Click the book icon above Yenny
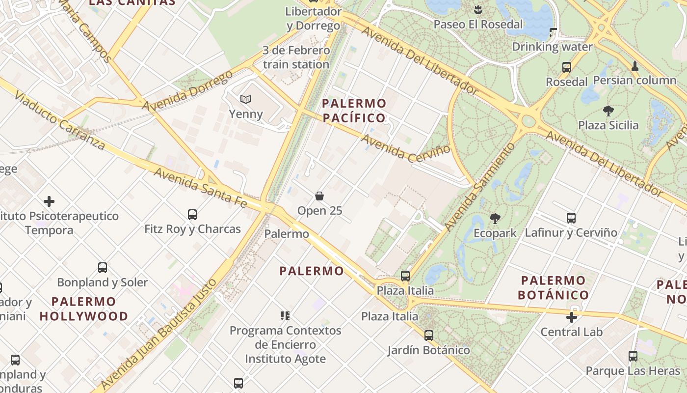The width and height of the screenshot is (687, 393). coord(246,100)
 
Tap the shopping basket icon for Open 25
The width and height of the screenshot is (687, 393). coord(319,196)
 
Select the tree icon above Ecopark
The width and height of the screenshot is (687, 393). coord(495,218)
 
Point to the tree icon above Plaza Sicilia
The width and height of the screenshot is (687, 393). coord(608,111)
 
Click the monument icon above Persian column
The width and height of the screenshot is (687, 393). coord(634,66)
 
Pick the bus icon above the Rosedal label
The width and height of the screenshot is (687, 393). coord(567,67)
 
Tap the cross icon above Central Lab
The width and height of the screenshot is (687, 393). coord(572,317)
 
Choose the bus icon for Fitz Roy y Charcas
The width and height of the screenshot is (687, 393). coord(192,215)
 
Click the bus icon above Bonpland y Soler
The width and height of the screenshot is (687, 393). coord(103,268)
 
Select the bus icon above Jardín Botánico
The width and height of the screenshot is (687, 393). coord(429,336)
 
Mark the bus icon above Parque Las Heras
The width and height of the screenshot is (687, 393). coord(633,356)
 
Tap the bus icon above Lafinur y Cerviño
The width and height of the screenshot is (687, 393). coord(571,218)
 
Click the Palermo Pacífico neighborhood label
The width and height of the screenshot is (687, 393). coord(354,111)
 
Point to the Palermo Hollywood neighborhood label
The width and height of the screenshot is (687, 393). coord(83,309)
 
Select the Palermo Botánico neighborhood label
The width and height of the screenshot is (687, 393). coord(554,287)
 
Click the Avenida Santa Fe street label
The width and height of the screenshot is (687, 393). coord(201,187)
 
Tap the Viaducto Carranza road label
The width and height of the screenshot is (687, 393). coord(59,119)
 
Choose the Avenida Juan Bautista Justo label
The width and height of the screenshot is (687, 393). coord(158,334)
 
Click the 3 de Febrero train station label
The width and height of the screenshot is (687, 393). coord(296,57)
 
